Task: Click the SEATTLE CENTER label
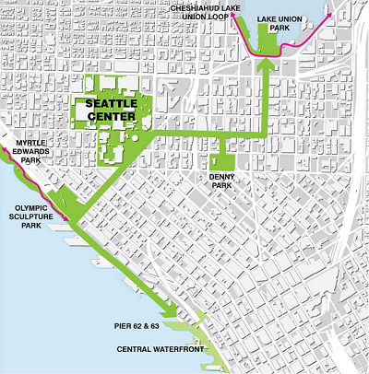coord(111,111)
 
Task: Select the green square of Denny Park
coord(222,156)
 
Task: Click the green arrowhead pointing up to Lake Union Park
coord(267,64)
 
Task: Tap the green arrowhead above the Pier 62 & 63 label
coord(169,311)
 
